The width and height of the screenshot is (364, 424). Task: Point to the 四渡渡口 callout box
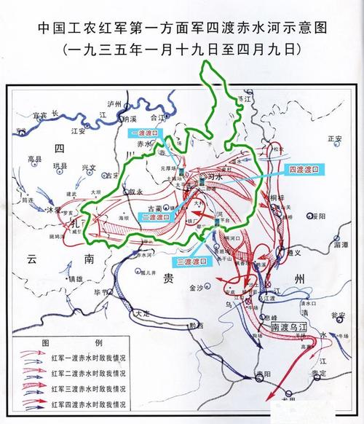[304, 169]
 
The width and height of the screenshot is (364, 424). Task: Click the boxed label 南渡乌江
[290, 329]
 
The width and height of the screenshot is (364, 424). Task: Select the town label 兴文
[87, 167]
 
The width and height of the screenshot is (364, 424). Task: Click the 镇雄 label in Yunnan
[76, 279]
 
